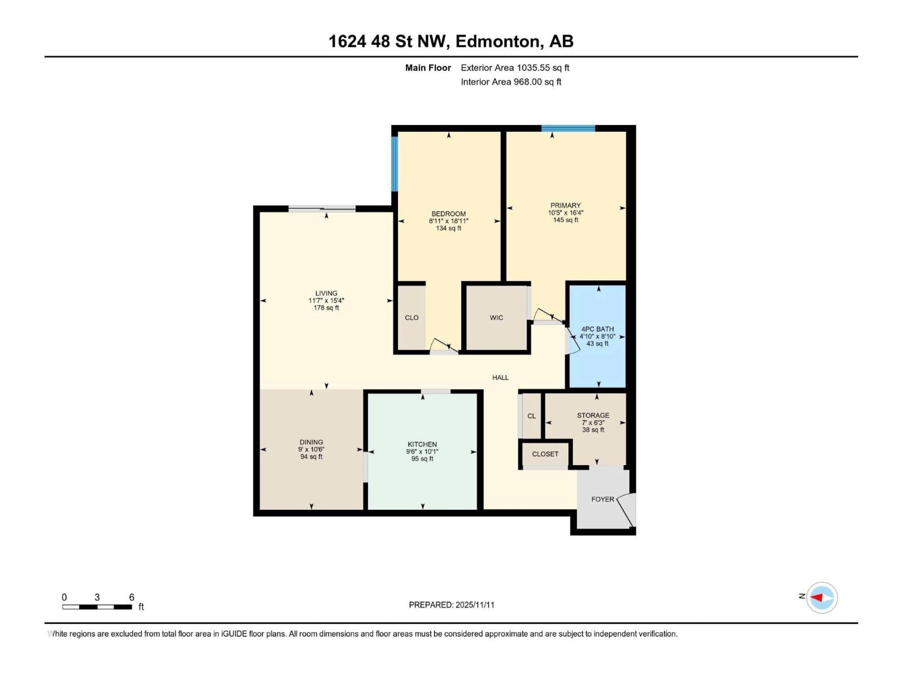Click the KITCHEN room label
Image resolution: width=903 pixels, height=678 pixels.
pyautogui.click(x=422, y=444)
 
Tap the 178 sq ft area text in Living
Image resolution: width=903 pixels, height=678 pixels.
pyautogui.click(x=326, y=308)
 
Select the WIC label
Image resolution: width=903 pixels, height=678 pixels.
pyautogui.click(x=496, y=318)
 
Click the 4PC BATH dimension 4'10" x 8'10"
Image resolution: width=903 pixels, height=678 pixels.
pyautogui.click(x=597, y=336)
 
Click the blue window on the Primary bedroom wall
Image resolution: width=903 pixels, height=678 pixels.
pyautogui.click(x=568, y=128)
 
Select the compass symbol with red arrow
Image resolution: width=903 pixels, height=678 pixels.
pyautogui.click(x=822, y=597)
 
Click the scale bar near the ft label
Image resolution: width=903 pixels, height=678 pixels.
pyautogui.click(x=97, y=607)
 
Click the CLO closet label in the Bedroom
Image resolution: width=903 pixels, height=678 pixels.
pyautogui.click(x=412, y=318)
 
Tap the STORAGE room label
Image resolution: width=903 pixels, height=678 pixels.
pyautogui.click(x=593, y=415)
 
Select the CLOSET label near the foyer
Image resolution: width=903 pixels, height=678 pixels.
pyautogui.click(x=545, y=454)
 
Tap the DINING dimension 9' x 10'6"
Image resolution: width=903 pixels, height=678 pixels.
pyautogui.click(x=311, y=449)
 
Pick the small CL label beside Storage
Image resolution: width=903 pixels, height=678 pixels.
pyautogui.click(x=531, y=416)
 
